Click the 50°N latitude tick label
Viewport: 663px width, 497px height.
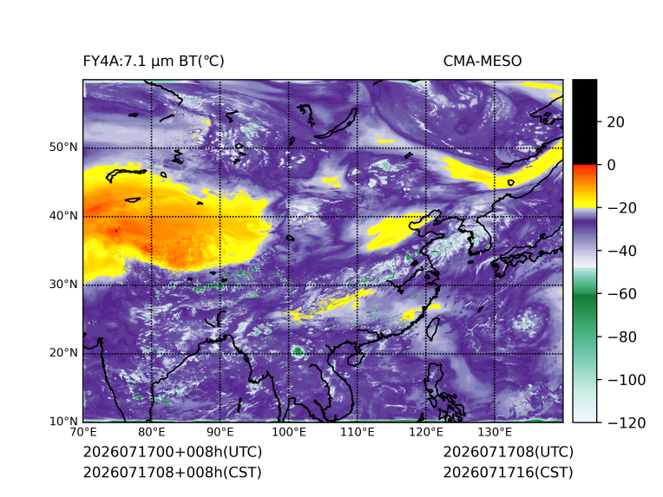point(63,147)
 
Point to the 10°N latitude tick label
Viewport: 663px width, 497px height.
point(63,421)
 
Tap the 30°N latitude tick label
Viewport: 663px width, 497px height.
point(63,284)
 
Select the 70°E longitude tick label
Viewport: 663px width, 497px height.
point(83,432)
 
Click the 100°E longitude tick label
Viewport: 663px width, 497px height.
point(289,432)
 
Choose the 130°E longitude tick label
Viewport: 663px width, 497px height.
point(495,432)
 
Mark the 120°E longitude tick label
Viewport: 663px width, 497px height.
point(426,432)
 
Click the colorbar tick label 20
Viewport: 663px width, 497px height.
point(615,122)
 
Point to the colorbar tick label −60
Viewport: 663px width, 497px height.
point(622,294)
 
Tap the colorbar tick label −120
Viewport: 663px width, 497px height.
point(627,422)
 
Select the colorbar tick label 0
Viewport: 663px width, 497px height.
point(612,165)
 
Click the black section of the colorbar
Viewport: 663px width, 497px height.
point(585,121)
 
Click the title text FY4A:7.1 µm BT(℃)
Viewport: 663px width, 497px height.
point(154,62)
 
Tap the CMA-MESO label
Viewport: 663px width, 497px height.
point(482,62)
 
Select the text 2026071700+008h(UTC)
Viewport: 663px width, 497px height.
point(173,452)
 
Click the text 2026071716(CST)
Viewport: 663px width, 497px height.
point(509,472)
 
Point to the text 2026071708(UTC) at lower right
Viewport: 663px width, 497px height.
point(509,452)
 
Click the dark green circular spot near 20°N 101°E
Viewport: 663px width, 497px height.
point(299,351)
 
